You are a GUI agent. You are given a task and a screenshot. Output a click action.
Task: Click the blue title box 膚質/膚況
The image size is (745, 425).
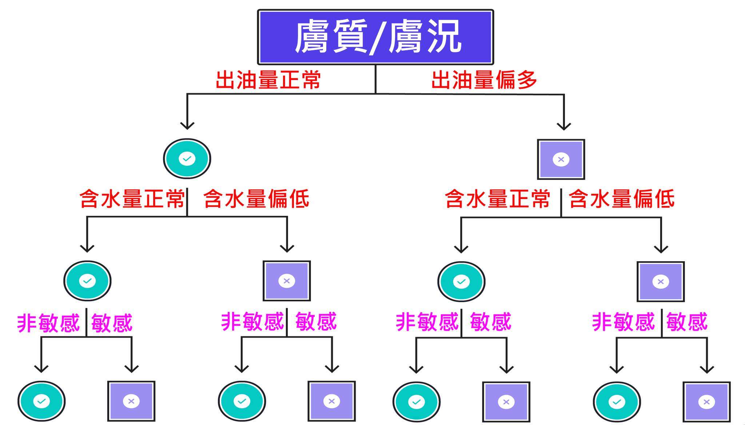pos(375,37)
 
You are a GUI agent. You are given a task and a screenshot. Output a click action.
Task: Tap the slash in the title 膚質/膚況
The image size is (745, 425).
pos(378,38)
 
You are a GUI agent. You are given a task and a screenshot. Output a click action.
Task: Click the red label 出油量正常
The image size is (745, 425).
pos(268,80)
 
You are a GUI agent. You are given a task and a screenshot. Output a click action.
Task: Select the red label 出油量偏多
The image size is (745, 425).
pos(484,80)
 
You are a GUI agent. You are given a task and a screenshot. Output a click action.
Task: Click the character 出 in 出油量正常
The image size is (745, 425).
pos(226,80)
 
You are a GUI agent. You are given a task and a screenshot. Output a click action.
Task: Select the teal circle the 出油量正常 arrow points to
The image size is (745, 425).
pos(187,159)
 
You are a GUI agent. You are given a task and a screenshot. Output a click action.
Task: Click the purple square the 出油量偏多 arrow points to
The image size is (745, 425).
pos(561,159)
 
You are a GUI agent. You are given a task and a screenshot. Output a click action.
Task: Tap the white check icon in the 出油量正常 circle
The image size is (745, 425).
pos(187,159)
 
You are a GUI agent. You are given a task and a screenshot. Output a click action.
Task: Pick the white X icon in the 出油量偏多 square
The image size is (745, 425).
pos(561,159)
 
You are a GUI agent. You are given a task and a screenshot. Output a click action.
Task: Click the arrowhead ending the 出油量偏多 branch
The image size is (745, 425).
pos(564,126)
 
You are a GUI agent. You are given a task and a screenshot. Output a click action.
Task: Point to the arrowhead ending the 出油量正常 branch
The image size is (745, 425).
pos(187,125)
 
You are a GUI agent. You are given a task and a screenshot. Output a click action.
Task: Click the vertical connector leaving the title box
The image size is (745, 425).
pos(375,79)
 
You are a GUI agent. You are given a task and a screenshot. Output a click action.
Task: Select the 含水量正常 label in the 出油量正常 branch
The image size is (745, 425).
pos(132,199)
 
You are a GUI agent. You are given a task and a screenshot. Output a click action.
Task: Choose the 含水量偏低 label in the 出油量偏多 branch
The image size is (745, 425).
pos(621,199)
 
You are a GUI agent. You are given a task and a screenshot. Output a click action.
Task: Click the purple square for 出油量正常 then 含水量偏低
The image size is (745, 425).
pos(287,281)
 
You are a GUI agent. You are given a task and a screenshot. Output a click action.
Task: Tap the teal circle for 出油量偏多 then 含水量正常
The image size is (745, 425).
pos(461,282)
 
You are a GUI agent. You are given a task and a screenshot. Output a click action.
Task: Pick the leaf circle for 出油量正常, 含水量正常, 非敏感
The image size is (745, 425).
pos(41,401)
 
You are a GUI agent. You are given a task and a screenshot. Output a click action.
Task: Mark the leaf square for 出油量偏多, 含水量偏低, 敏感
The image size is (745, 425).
pos(706,402)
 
